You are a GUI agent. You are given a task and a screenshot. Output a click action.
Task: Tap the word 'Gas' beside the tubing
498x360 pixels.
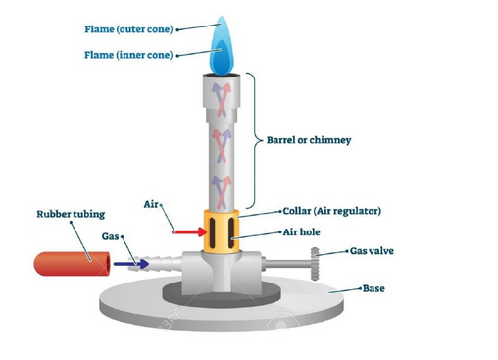pos(113,236)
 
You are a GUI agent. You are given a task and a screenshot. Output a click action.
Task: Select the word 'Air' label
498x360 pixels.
pos(151,205)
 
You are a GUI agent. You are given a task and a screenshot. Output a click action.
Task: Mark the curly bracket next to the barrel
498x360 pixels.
pos(256,140)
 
